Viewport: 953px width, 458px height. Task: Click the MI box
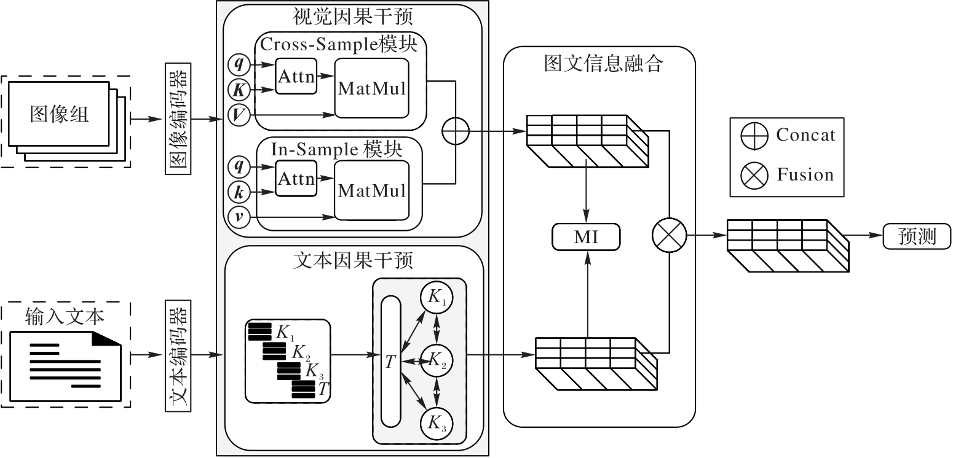point(587,237)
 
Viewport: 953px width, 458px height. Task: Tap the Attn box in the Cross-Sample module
point(296,76)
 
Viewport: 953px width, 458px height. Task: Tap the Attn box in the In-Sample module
point(296,179)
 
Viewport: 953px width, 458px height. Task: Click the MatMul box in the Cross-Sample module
point(372,88)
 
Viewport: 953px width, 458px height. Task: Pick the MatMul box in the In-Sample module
point(372,190)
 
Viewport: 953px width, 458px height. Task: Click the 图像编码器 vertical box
point(178,118)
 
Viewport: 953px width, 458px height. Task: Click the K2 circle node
point(437,360)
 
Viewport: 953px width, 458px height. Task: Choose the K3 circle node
point(437,422)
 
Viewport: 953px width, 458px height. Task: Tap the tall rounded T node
point(390,361)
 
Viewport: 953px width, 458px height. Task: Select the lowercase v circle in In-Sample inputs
point(237,216)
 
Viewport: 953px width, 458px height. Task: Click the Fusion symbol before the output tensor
point(668,236)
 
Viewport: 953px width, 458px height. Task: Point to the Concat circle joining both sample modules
point(455,131)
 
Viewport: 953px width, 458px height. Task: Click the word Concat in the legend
point(805,134)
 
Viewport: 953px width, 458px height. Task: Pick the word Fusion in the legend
point(805,175)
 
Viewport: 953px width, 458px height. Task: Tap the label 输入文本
point(65,316)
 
